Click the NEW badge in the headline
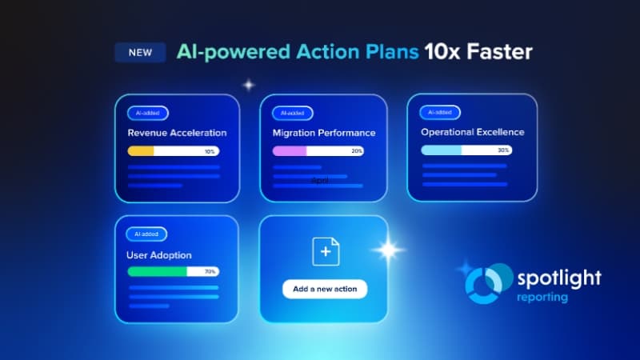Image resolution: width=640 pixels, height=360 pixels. click(141, 53)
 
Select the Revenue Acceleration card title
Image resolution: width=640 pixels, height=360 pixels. click(177, 133)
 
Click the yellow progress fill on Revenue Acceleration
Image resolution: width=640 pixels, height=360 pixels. click(141, 151)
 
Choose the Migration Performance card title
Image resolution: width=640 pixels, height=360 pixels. click(324, 133)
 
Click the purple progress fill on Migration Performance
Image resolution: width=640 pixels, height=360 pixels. click(290, 151)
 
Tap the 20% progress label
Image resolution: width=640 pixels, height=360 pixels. click(356, 151)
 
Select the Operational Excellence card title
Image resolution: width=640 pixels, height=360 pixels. click(473, 132)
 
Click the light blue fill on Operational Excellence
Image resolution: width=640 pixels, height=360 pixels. click(442, 150)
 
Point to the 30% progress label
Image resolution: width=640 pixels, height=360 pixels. click(503, 150)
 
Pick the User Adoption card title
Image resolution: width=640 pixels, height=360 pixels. click(159, 255)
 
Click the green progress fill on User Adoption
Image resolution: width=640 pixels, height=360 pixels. click(157, 272)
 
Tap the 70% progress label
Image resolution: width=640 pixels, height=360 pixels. click(210, 272)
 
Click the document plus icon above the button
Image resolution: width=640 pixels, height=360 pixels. click(325, 252)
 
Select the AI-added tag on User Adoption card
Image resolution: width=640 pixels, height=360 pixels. click(146, 234)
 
